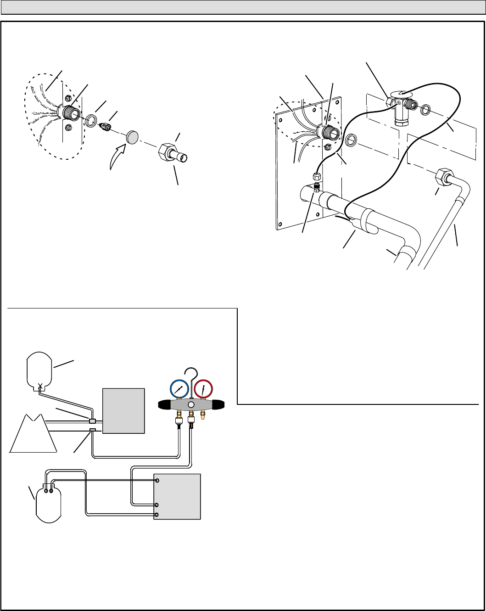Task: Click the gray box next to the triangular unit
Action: (x=123, y=410)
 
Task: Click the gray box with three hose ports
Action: (x=177, y=496)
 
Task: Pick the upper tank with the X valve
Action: (x=40, y=370)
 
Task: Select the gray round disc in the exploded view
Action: (x=133, y=136)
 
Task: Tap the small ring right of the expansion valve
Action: (x=425, y=110)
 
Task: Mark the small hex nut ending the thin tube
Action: (x=316, y=176)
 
